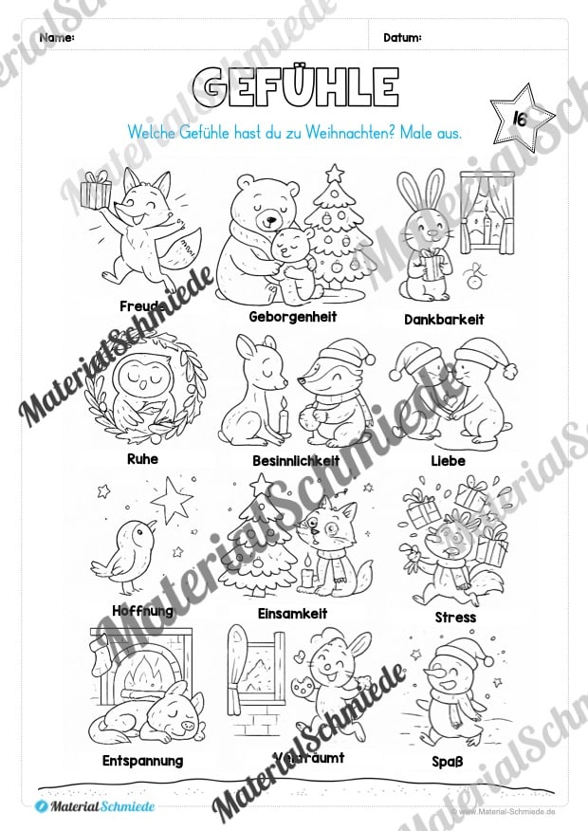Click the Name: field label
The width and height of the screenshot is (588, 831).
[58, 38]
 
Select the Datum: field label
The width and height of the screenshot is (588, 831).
[402, 38]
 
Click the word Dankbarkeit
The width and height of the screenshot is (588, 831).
[443, 320]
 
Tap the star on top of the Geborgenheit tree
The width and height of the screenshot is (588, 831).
[334, 174]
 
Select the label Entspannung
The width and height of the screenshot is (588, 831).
[142, 761]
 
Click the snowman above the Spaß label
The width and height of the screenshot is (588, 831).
[447, 692]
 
